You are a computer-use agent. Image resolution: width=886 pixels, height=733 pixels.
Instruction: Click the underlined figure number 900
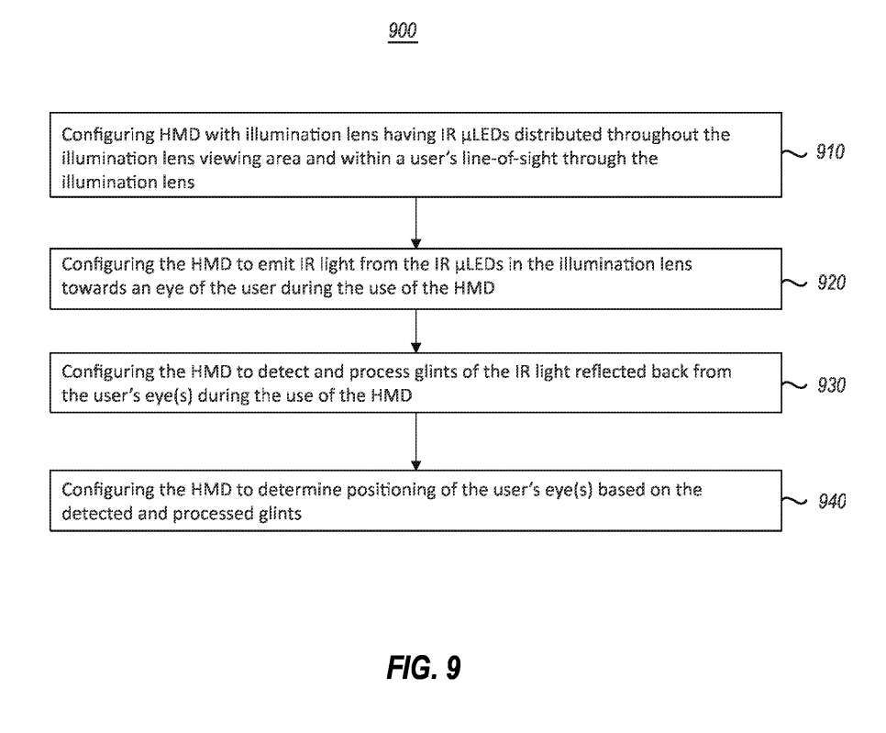click(x=402, y=31)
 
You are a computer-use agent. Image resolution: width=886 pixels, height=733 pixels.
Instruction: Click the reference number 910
click(x=830, y=152)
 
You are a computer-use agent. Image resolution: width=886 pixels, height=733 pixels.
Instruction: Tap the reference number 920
click(x=830, y=282)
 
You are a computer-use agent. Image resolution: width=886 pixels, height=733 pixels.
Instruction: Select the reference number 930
click(x=830, y=385)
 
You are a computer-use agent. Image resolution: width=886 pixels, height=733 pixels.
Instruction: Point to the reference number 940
click(x=830, y=501)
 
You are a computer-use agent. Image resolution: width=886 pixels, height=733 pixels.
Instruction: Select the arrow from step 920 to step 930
click(x=416, y=332)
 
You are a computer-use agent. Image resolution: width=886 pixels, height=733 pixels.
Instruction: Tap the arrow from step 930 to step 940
click(x=416, y=440)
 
